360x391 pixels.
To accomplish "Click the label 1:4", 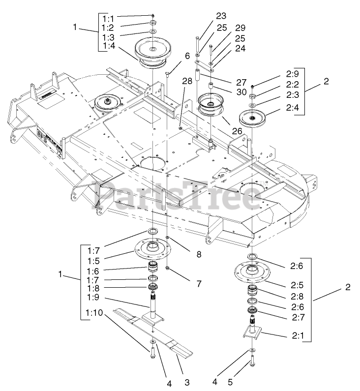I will (x=108, y=47).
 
